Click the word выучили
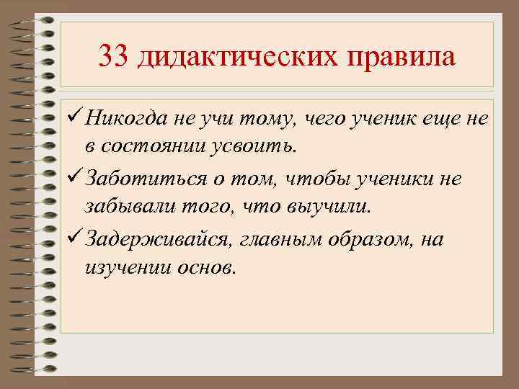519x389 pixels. coord(336,209)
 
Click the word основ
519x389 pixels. coord(206,270)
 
